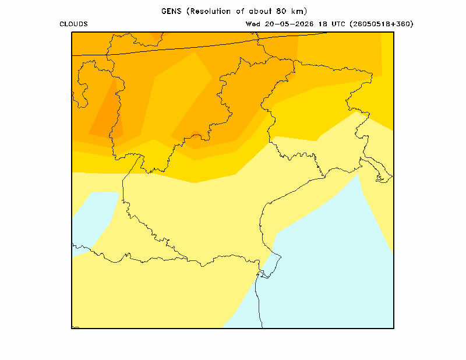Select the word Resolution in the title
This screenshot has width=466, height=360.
(x=210, y=11)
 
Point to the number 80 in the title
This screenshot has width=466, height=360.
(x=281, y=11)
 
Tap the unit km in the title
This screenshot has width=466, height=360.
(x=297, y=11)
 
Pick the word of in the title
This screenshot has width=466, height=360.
(x=240, y=11)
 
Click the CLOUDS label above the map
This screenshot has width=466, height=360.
(x=73, y=24)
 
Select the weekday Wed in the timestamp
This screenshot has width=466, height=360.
(x=253, y=24)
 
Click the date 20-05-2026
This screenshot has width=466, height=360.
(x=289, y=24)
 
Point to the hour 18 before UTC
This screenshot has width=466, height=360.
(x=323, y=24)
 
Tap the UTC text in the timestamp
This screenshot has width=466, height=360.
(x=338, y=24)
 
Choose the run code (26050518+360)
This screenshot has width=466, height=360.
(x=382, y=24)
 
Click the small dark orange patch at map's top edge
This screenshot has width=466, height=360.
(x=156, y=36)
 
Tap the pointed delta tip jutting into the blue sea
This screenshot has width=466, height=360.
(x=281, y=256)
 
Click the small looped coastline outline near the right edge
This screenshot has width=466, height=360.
(x=380, y=178)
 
